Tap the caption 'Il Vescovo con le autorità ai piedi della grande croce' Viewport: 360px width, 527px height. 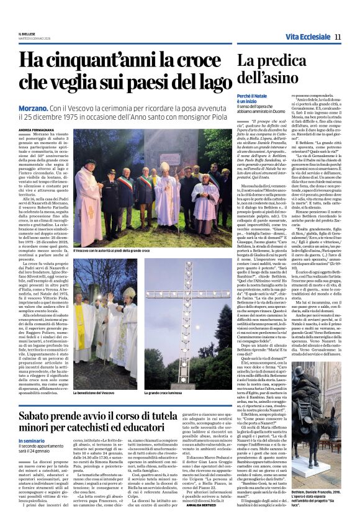pos(112,250)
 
